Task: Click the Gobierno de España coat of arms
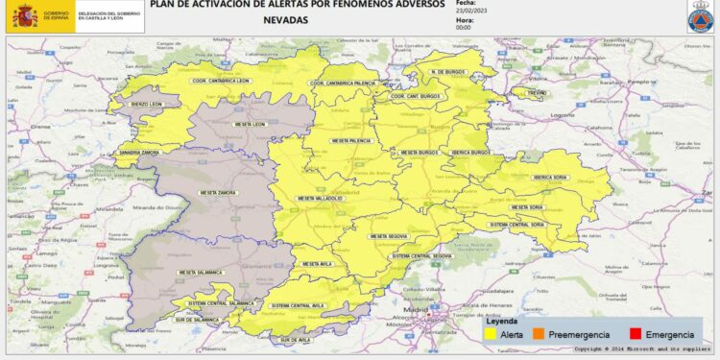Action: (x=24, y=15)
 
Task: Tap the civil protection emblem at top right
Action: (x=699, y=17)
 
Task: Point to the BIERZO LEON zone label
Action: (x=146, y=104)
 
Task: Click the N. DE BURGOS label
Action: (x=448, y=73)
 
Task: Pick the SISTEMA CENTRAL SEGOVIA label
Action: (x=421, y=257)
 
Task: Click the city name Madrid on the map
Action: (x=415, y=309)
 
